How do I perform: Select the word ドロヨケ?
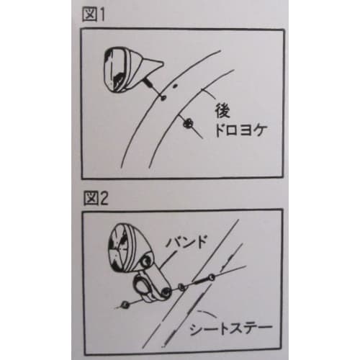coord(237,132)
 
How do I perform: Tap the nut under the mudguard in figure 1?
coord(190,125)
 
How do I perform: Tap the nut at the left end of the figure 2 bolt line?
coord(126,303)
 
